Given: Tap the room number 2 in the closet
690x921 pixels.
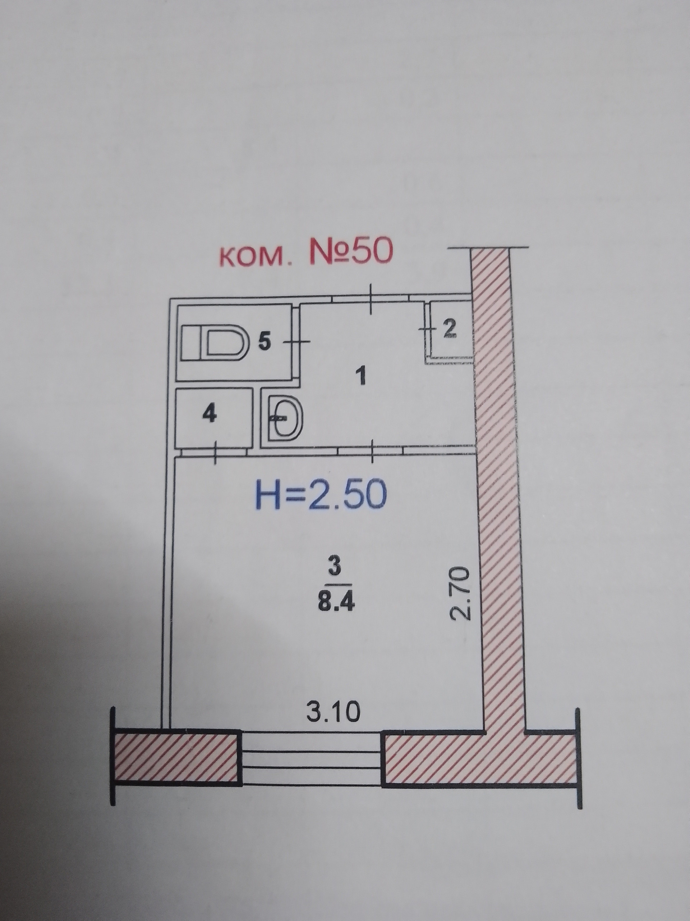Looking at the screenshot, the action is pos(449,329).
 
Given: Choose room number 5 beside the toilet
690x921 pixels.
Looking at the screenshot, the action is pos(264,342).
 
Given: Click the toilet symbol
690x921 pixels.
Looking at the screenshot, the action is pos(215,342).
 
